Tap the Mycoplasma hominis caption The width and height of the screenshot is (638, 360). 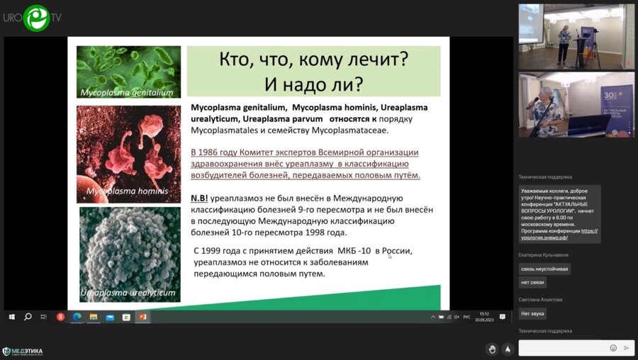(127, 191)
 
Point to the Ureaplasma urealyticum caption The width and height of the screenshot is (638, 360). (128, 292)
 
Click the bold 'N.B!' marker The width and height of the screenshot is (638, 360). (200, 198)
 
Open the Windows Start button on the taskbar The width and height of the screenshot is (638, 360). (11, 317)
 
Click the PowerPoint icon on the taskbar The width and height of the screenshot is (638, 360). (142, 317)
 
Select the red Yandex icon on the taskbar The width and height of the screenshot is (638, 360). (60, 317)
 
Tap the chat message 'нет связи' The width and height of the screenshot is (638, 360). (532, 282)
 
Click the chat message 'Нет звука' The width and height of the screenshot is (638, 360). (532, 313)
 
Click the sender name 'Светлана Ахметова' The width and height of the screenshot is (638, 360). (541, 300)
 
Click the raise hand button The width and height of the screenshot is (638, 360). (491, 349)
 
